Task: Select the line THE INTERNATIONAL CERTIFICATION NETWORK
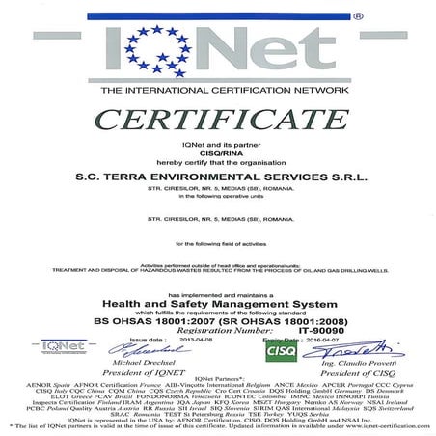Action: tap(218, 90)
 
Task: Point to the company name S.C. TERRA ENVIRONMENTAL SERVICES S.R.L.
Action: tap(217, 176)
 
